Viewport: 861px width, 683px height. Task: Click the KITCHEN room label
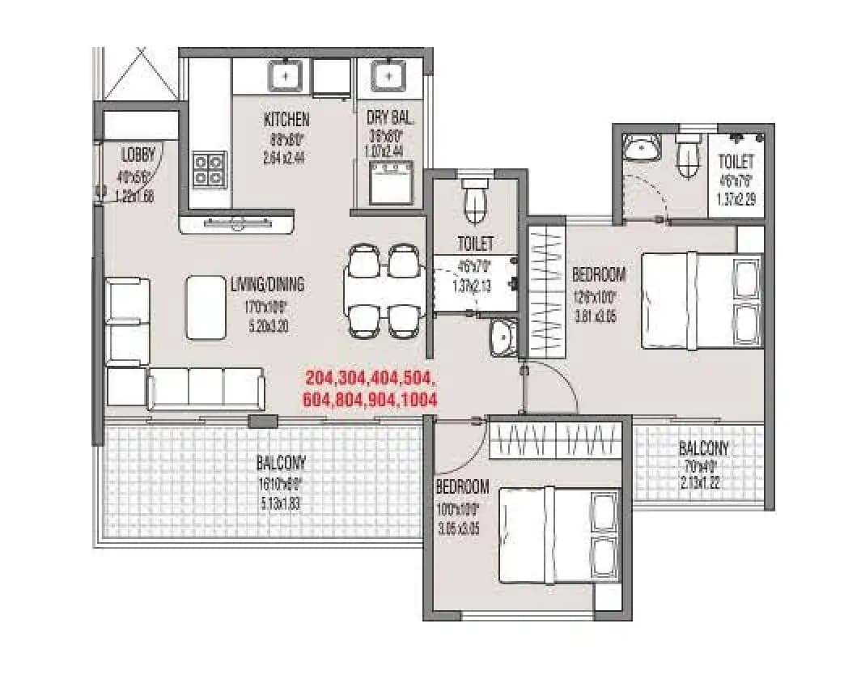[x=286, y=120]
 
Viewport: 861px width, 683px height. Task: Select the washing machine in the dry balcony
[x=392, y=183]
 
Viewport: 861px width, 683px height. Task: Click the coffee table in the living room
[x=206, y=308]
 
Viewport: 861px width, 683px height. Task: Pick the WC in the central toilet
[x=475, y=201]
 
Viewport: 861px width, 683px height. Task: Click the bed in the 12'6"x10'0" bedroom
[x=702, y=300]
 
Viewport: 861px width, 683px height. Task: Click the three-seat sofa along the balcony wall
[x=206, y=388]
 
